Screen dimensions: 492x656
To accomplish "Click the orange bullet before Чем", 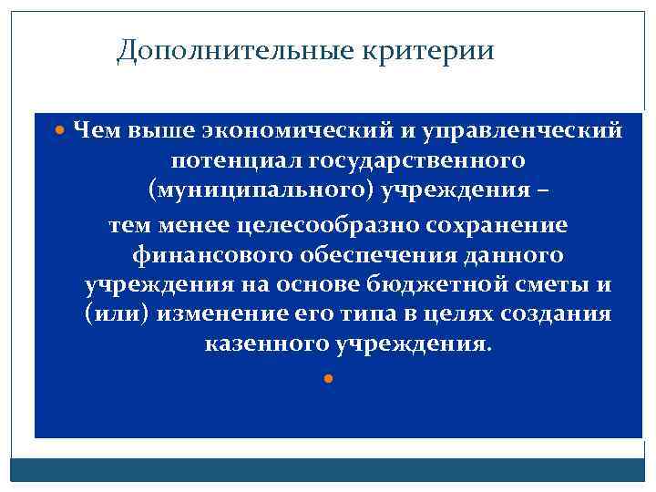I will pyautogui.click(x=61, y=130).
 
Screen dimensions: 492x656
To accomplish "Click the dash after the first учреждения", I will pyautogui.click(x=545, y=193).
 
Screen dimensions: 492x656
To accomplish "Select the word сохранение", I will pyautogui.click(x=497, y=224).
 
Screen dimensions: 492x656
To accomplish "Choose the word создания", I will pyautogui.click(x=559, y=316).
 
